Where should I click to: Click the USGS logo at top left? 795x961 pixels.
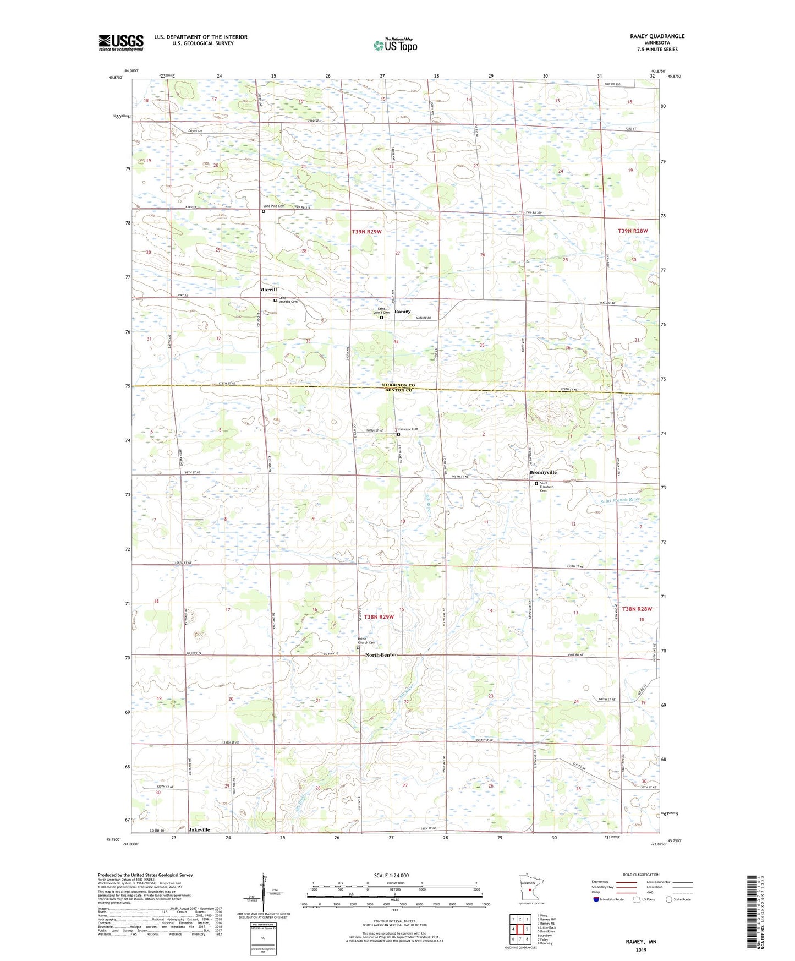tap(120, 42)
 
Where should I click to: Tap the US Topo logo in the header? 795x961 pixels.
tap(395, 45)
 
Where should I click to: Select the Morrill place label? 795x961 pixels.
tap(268, 290)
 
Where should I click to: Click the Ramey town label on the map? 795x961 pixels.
tap(402, 312)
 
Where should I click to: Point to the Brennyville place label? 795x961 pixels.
tap(543, 472)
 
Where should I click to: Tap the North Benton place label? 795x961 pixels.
tap(381, 655)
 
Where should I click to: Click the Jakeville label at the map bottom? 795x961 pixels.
tap(199, 829)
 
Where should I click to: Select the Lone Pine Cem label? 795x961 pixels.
tap(273, 206)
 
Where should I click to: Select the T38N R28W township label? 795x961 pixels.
tap(637, 609)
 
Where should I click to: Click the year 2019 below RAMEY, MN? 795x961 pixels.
tap(641, 949)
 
